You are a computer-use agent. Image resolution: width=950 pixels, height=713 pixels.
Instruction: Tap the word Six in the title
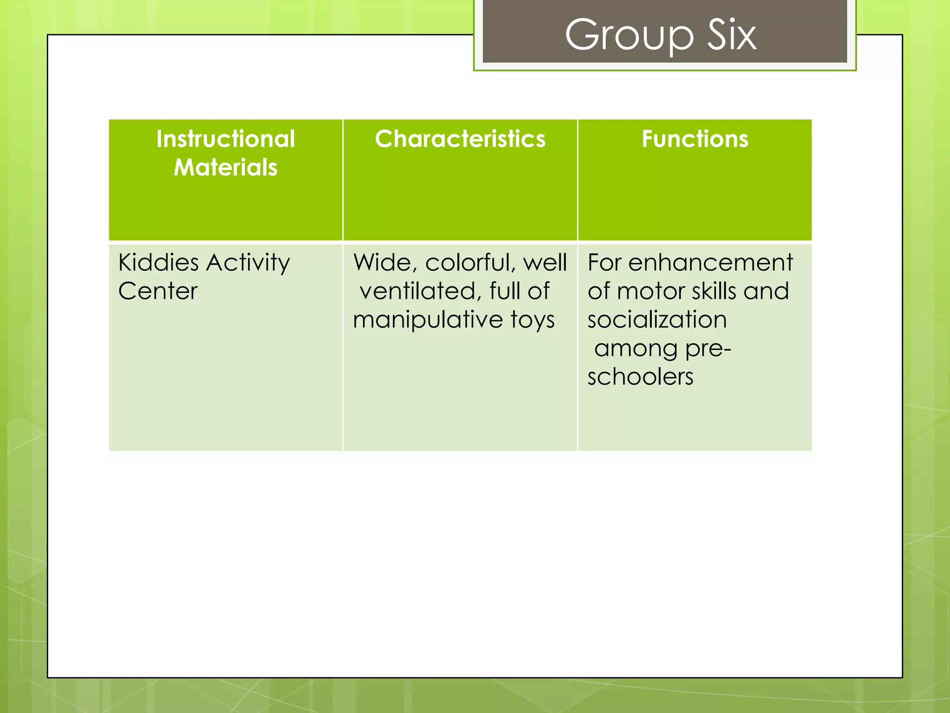(732, 35)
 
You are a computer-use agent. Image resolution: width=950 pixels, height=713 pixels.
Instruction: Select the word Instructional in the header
(225, 139)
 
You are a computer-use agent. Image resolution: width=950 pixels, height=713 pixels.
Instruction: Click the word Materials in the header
(225, 167)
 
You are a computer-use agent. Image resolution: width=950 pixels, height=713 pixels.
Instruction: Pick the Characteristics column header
(460, 139)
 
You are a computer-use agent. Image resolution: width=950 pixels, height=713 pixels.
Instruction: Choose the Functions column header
(695, 139)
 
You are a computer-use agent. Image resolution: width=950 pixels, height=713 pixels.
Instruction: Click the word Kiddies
(158, 263)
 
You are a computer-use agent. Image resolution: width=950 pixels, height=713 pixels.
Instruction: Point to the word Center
(158, 292)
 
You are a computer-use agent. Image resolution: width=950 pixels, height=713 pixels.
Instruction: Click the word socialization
(657, 320)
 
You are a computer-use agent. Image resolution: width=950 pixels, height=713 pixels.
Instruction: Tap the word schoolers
(640, 376)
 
